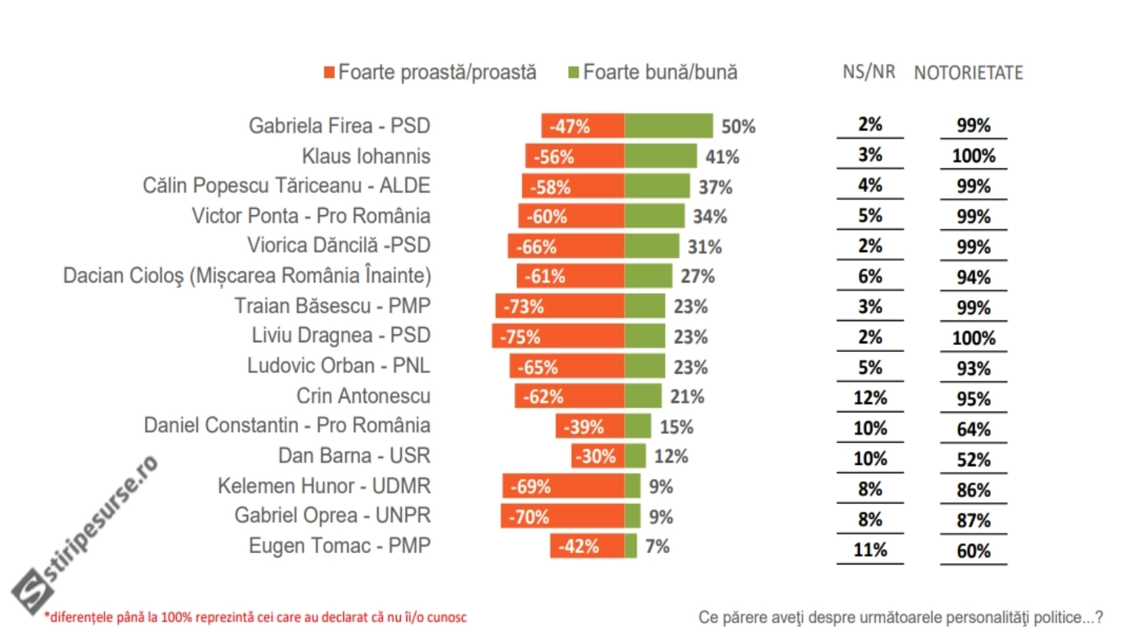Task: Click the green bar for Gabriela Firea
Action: pos(668,125)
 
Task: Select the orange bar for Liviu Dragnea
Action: pos(558,337)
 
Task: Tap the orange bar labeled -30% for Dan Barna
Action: pos(598,456)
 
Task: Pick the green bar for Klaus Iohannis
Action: pos(660,156)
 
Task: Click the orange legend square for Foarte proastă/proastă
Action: pos(329,72)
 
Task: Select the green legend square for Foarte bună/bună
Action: pos(573,72)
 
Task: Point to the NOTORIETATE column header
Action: pos(968,72)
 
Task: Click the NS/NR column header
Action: pos(869,72)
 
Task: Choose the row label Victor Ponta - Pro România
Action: pos(311,216)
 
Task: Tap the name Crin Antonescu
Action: pos(363,396)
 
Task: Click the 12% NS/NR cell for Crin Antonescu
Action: pos(870,398)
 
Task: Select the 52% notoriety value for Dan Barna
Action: pos(973,459)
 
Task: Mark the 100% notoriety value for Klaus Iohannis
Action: pos(973,156)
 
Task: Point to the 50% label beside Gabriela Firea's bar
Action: pos(738,126)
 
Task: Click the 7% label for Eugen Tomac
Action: pos(657,546)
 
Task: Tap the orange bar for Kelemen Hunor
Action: pos(563,486)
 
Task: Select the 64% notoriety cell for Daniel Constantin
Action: pos(973,429)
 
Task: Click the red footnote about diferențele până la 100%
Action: pos(256,617)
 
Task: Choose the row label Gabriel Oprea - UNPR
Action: pos(332,516)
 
